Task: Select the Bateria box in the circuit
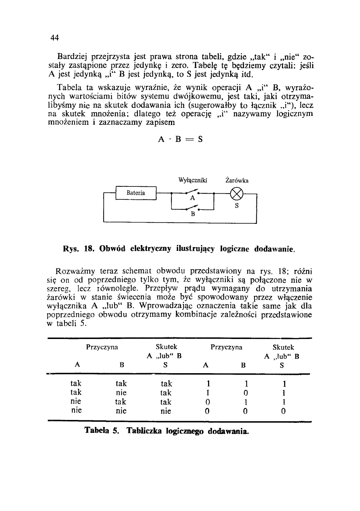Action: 136,193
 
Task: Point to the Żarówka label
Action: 237,180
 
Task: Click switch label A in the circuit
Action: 192,198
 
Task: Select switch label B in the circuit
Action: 193,214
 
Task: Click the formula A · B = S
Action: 180,139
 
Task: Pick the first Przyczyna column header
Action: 102,347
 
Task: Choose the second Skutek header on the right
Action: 283,347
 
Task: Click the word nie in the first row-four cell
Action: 76,410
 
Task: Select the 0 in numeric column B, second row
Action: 245,393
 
